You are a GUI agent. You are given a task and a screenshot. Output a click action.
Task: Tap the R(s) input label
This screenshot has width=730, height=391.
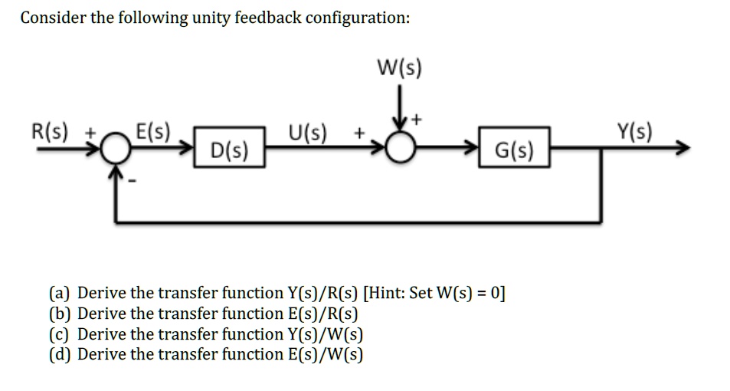pos(47,132)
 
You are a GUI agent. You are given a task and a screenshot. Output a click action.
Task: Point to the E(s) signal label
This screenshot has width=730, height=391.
pos(153,131)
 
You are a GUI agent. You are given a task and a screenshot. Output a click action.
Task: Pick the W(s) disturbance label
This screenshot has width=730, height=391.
pos(399,68)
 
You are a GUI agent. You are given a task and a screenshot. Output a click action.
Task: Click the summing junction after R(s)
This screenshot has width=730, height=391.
pos(115,150)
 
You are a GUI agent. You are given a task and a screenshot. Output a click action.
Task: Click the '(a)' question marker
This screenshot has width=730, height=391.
pos(61,293)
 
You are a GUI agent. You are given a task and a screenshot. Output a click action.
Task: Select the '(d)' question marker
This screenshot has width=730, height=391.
pos(61,354)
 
